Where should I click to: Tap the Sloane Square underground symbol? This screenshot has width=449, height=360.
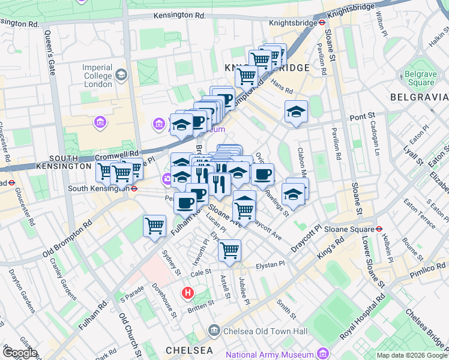(x=379, y=229)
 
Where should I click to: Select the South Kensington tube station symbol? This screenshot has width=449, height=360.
(x=136, y=188)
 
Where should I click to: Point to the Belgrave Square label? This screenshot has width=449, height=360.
(x=418, y=78)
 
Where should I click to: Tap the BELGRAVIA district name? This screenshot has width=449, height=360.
(x=419, y=97)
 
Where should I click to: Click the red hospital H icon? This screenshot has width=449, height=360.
(x=187, y=293)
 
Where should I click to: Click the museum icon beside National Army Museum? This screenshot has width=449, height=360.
(x=324, y=354)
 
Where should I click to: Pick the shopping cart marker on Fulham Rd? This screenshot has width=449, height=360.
(x=154, y=227)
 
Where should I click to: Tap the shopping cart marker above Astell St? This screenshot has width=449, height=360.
(x=229, y=250)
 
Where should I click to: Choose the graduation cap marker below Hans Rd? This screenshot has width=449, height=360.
(x=296, y=112)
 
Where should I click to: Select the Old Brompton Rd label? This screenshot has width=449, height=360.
(x=67, y=237)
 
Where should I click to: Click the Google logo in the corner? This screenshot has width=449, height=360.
(x=19, y=353)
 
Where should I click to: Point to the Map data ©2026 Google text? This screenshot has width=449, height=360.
(x=412, y=355)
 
